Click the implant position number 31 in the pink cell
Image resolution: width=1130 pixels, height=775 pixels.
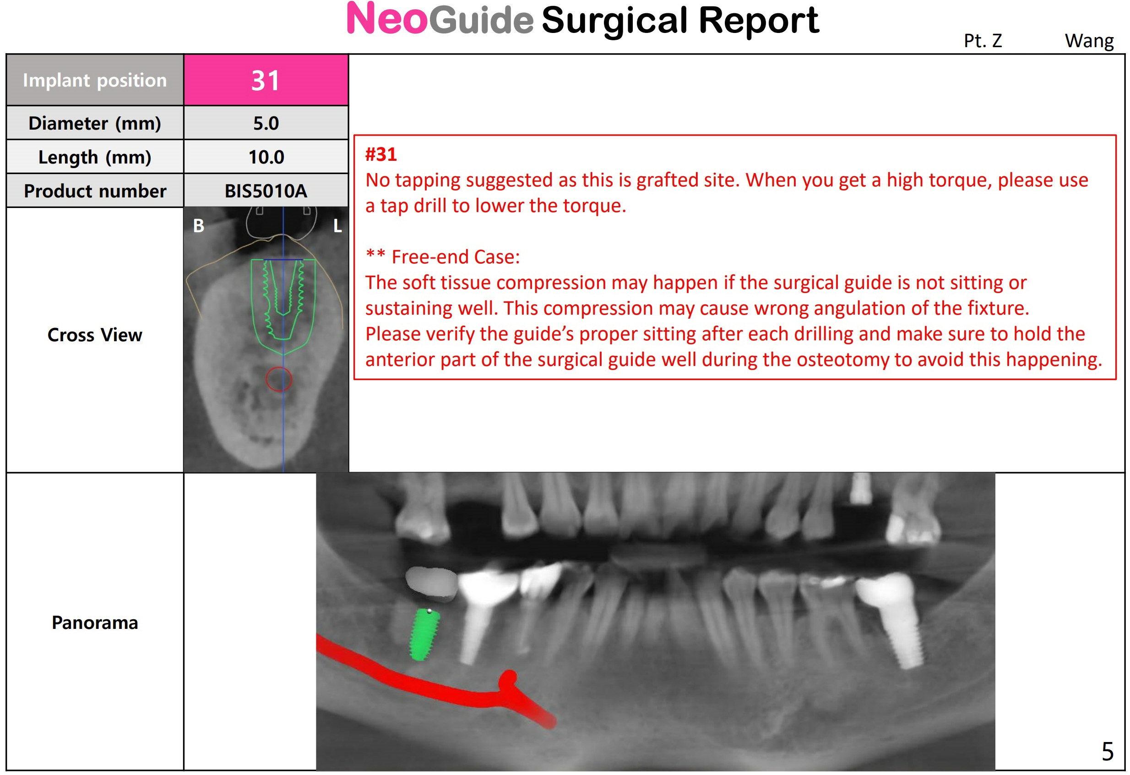[266, 80]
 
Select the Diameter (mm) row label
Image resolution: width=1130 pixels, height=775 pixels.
[95, 123]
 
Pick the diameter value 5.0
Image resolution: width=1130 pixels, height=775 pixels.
[266, 123]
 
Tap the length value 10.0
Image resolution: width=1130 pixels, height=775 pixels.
[266, 157]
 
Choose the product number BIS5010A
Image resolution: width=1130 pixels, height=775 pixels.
[266, 191]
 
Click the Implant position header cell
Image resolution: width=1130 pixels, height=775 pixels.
[95, 80]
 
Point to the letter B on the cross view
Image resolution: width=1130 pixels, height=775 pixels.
[198, 226]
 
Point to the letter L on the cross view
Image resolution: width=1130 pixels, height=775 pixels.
[337, 226]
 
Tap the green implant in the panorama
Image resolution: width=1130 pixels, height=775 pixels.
[424, 634]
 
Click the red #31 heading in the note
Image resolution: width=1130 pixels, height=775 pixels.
[381, 154]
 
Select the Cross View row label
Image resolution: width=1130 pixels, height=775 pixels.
[95, 335]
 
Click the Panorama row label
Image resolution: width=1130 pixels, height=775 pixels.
[95, 623]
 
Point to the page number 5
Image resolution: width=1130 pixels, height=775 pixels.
[1107, 752]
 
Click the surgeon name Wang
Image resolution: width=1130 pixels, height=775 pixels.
[1089, 41]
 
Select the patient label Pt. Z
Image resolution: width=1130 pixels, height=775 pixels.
[983, 40]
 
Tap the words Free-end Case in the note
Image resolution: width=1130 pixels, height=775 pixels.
[455, 257]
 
